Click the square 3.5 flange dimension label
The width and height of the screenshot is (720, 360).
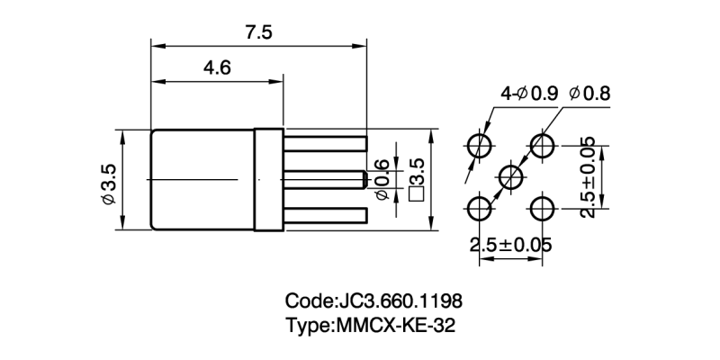point(416,180)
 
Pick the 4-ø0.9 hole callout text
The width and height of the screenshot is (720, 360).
point(528,93)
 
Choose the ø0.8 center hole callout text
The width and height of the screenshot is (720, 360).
point(590,93)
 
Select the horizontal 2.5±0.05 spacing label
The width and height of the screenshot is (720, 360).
point(510,245)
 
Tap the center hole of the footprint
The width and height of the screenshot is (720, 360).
point(510,176)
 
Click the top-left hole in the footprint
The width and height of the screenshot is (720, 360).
point(479,145)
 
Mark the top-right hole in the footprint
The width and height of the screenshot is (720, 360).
point(542,145)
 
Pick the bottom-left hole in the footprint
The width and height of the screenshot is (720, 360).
point(479,209)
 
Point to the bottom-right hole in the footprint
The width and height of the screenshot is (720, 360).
point(542,209)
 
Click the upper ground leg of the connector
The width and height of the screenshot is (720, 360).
point(324,142)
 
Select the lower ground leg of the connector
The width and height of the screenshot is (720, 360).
point(324,214)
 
